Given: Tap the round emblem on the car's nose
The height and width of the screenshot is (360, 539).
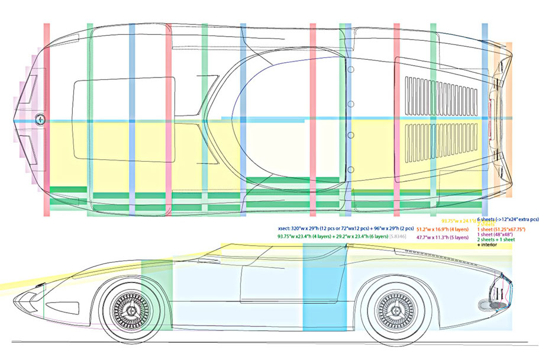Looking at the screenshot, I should pos(40,118).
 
